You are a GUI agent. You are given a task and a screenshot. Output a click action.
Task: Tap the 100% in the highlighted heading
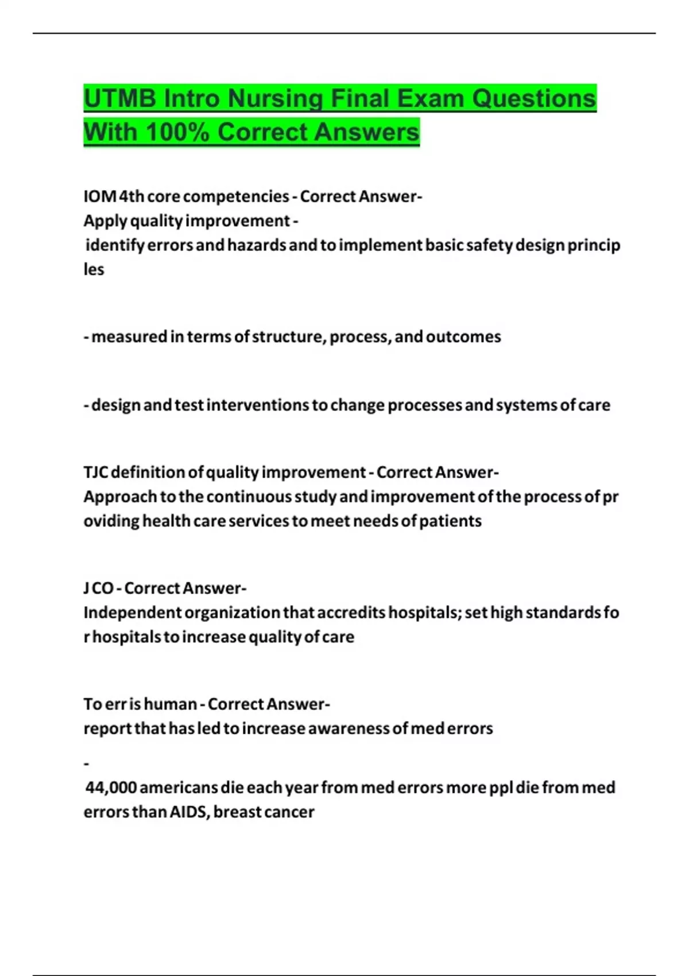177,132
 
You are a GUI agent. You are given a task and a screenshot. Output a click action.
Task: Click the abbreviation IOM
100,196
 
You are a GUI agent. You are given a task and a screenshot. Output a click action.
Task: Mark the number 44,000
111,787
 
